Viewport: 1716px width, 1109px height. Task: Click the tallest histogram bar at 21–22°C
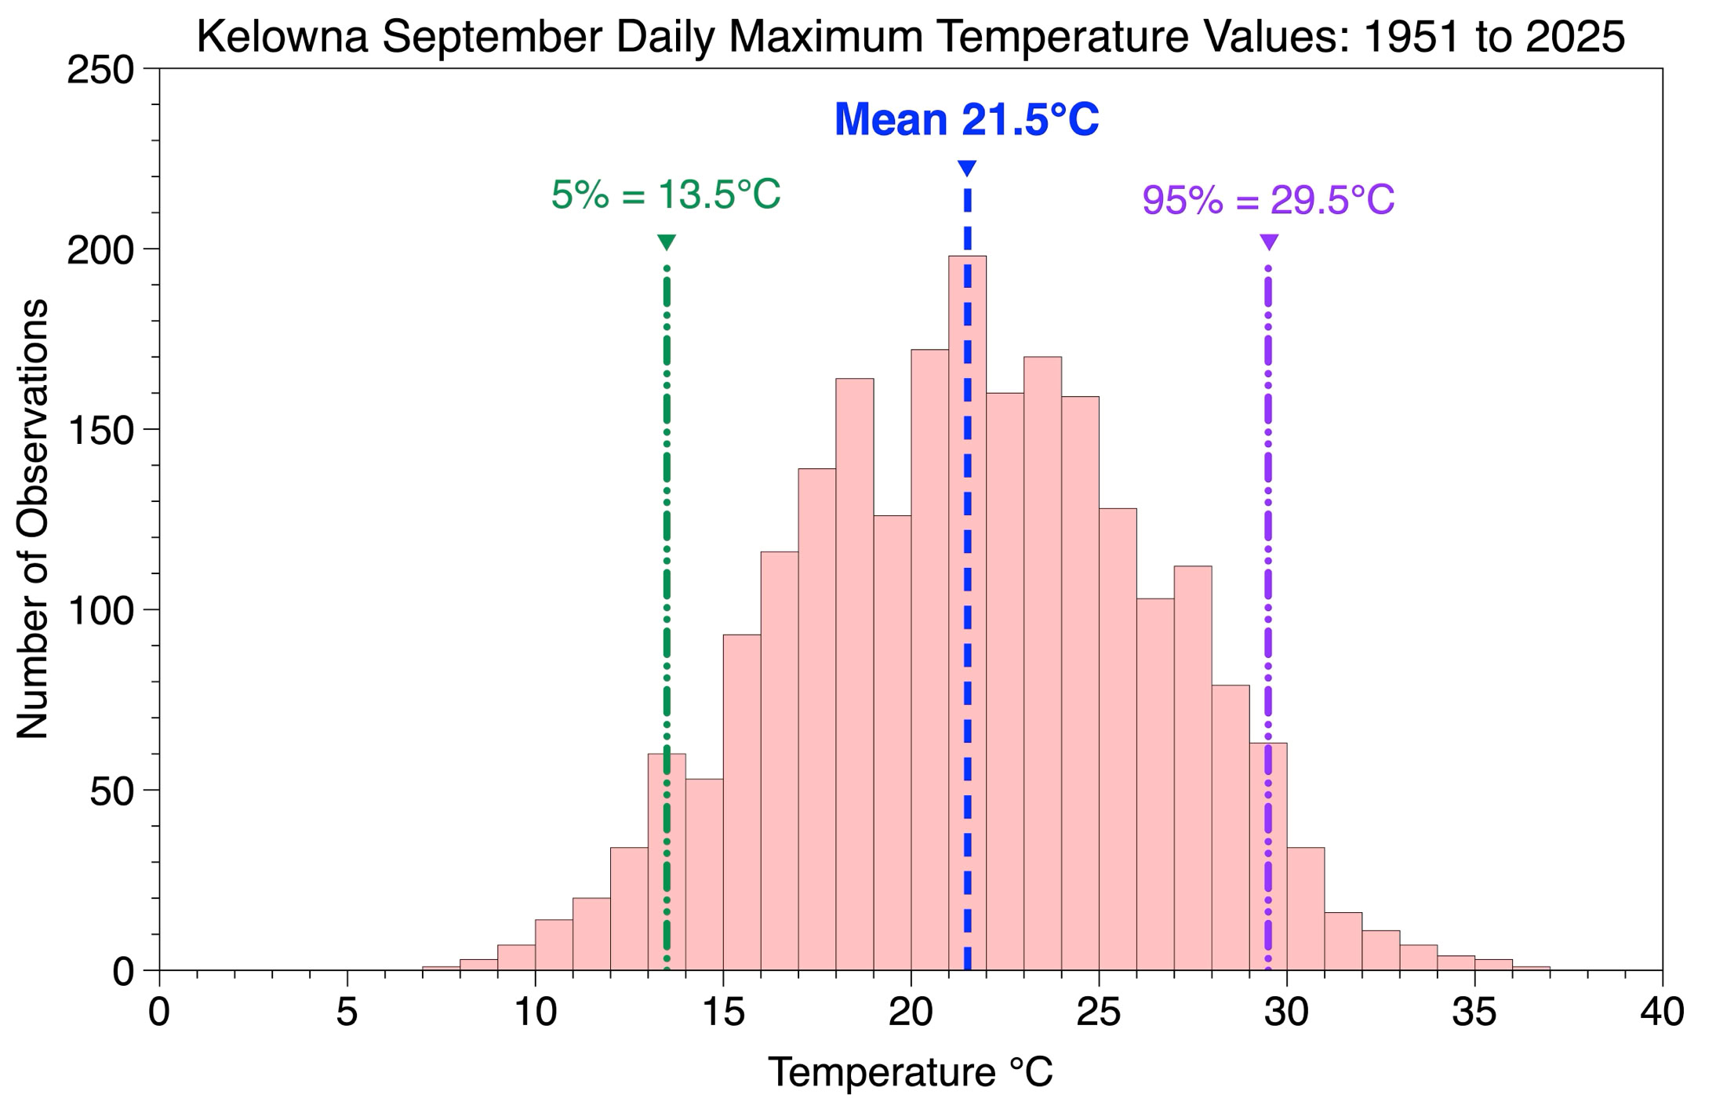coord(967,613)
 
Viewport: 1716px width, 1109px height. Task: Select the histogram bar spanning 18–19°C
coord(855,674)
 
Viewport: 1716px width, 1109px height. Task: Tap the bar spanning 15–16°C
coord(742,802)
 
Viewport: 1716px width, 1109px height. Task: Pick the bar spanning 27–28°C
coord(1193,768)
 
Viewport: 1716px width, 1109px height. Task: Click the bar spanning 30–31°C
coord(1306,908)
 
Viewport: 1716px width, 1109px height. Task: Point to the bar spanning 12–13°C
coord(629,908)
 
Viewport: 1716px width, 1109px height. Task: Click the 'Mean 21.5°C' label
coord(966,119)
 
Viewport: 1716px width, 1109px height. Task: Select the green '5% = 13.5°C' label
coord(666,195)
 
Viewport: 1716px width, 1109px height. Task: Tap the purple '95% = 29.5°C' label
coord(1268,199)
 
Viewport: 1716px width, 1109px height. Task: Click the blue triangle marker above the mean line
coord(967,168)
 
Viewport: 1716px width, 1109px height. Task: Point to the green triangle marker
coord(667,242)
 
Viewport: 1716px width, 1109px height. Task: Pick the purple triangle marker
coord(1269,242)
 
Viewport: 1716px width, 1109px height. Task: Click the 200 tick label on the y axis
coord(101,250)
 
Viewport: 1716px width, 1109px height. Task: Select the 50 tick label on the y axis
coord(112,791)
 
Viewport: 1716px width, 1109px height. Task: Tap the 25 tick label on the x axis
coord(1098,1012)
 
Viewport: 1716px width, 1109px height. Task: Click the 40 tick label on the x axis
coord(1662,1012)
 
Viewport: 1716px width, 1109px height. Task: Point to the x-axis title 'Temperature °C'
coord(911,1072)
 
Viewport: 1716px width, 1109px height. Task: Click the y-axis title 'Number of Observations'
coord(33,518)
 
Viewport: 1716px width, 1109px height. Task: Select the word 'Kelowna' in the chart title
coord(282,36)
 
